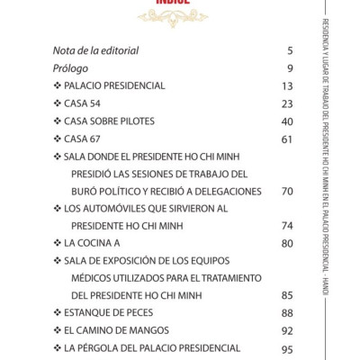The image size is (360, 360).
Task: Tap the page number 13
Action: (287, 86)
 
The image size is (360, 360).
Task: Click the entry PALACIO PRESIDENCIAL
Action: (114, 85)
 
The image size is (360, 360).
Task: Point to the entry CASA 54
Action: (89, 103)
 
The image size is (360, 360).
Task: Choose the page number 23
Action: (287, 103)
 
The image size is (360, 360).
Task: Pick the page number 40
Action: (287, 121)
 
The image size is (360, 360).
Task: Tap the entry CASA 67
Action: (89, 139)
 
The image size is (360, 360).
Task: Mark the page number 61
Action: (287, 139)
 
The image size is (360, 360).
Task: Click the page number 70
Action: (287, 191)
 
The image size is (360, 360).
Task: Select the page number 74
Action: (287, 225)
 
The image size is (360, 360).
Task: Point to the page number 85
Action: (287, 295)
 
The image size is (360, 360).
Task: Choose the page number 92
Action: (287, 329)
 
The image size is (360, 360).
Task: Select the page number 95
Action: (287, 347)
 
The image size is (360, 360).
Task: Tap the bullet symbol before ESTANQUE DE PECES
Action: (58, 312)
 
